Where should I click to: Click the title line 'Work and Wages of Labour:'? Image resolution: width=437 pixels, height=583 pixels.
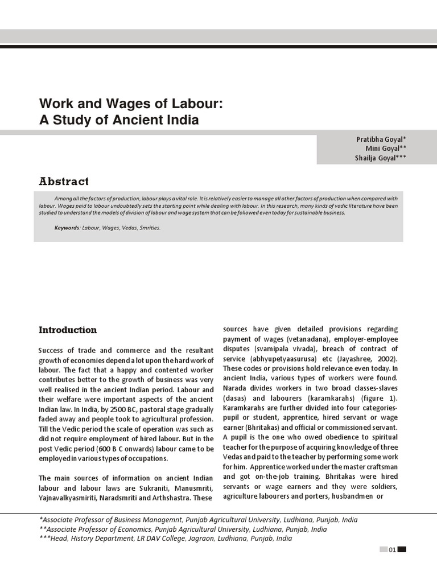(130, 104)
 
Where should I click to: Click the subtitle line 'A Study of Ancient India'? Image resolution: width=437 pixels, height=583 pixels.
(119, 120)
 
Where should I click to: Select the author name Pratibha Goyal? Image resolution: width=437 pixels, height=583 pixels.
(381, 139)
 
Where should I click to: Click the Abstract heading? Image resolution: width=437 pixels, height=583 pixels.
(64, 182)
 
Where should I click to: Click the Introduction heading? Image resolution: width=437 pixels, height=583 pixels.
(68, 330)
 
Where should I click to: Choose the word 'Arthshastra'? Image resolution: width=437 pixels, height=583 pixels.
(164, 498)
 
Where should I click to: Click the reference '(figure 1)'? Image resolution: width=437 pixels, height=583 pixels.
(380, 398)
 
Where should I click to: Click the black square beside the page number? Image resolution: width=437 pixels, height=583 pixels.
(402, 549)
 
